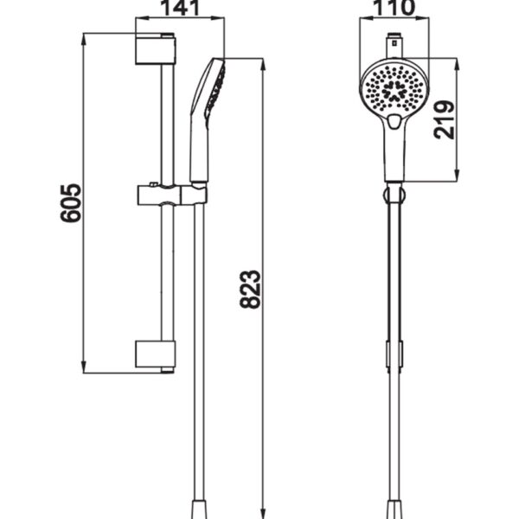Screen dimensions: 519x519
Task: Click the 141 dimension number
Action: tap(181, 7)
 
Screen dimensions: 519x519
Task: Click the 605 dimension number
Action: tap(70, 202)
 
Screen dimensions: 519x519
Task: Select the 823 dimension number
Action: tap(250, 290)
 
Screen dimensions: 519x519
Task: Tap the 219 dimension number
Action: tap(445, 119)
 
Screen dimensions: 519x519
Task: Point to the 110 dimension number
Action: tap(394, 7)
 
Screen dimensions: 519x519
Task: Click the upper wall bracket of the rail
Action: tap(155, 49)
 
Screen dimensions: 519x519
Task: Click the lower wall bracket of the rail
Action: tap(155, 356)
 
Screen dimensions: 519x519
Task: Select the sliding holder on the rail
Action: tap(172, 195)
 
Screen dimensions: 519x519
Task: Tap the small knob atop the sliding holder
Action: tap(154, 184)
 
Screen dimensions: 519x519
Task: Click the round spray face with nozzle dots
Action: tap(394, 89)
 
